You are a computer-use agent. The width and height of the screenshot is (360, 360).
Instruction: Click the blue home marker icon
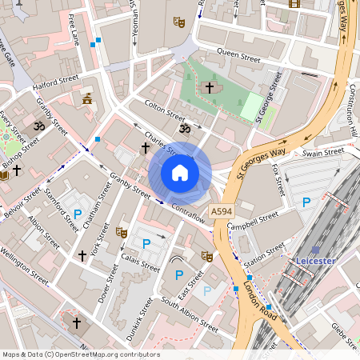(180, 173)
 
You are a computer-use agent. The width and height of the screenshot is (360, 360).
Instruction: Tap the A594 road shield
(222, 210)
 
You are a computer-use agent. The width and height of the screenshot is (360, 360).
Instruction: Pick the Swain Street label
(323, 150)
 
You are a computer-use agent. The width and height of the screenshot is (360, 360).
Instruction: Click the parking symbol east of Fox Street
(306, 202)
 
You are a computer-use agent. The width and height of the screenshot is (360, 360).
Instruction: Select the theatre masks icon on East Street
(206, 256)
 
